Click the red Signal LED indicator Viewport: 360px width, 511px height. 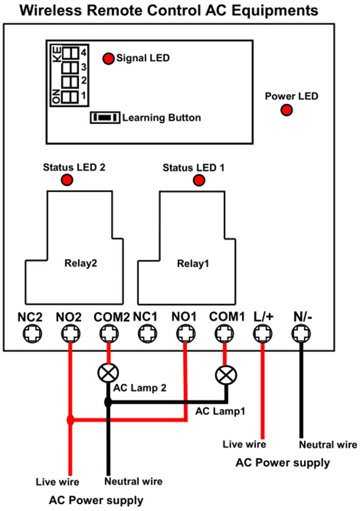tap(108, 59)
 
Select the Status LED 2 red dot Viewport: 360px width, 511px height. tap(67, 180)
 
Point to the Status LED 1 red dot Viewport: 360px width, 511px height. tap(198, 180)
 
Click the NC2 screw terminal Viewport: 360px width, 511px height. tap(30, 335)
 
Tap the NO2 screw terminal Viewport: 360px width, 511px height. tap(69, 335)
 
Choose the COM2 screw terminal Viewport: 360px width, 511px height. tap(107, 335)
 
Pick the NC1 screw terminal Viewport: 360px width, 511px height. tap(146, 335)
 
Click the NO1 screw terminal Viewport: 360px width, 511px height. tap(185, 335)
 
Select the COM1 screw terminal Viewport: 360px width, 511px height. tap(223, 335)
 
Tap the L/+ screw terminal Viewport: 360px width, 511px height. tap(262, 335)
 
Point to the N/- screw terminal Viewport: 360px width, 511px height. tap(301, 335)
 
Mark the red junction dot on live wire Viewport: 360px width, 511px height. tap(71, 420)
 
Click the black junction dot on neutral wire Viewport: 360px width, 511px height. tap(108, 403)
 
